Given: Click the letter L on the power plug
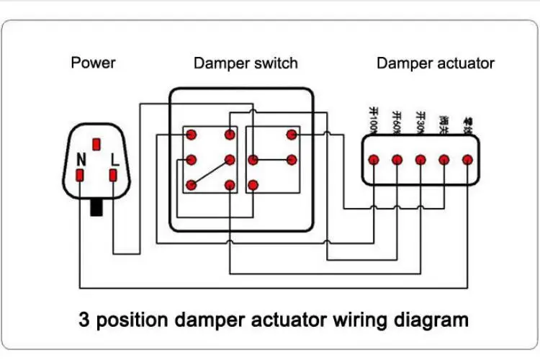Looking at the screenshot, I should pos(113,159).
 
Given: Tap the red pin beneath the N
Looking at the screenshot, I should pos(81,175).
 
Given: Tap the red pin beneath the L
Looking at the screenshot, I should pos(113,175).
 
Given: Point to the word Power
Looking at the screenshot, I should pos(93,63).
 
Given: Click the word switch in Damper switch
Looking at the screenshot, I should pos(276,63).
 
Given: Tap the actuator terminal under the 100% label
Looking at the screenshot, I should pos(373,160).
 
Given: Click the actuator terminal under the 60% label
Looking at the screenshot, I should pos(397,160).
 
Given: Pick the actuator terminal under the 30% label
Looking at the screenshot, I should pos(420,160).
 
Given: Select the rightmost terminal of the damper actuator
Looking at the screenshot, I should pos(467,160).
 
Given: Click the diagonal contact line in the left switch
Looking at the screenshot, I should pos(210,173).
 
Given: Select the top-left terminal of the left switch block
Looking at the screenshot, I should pos(191,134).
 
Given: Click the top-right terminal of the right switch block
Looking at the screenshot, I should pos(292,134).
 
